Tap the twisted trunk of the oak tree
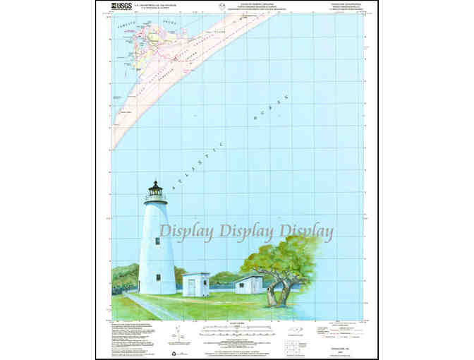tap(281, 292)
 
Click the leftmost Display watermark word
tap(186, 231)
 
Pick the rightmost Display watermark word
tap(307, 231)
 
